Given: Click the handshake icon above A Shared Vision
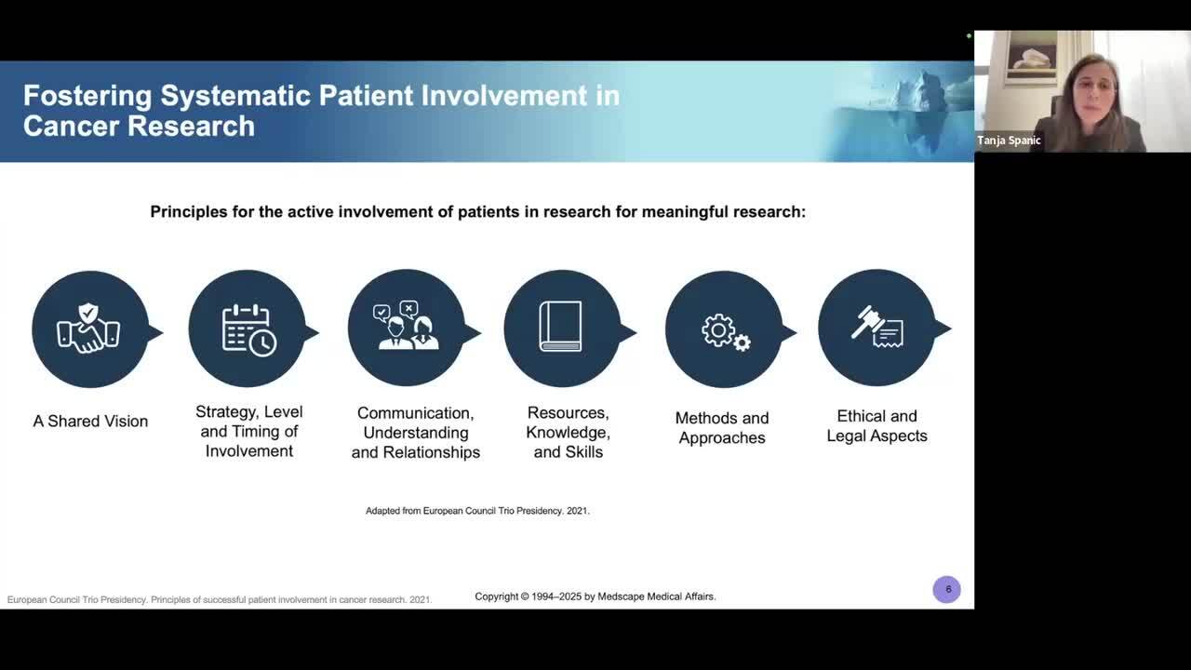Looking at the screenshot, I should [x=89, y=329].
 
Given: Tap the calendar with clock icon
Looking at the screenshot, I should [x=248, y=329].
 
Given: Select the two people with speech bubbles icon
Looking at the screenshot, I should [x=407, y=328].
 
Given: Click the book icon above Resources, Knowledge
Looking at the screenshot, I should [x=561, y=328].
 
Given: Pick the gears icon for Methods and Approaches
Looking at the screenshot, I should [x=724, y=330].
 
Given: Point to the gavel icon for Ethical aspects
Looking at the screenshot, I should [x=877, y=328].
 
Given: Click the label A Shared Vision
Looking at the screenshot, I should [x=90, y=422].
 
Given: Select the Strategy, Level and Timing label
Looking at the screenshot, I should [x=248, y=432].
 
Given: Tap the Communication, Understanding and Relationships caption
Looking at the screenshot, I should [x=415, y=433].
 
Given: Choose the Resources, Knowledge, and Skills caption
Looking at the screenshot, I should [x=568, y=433].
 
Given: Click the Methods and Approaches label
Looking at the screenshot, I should [x=722, y=428].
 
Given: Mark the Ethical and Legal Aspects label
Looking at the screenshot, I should [x=877, y=426].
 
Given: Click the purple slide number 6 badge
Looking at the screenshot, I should [x=947, y=589].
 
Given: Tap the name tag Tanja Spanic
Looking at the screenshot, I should [x=1009, y=141].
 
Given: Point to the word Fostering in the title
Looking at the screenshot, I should [x=87, y=96].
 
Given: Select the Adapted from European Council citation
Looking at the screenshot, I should [x=477, y=511].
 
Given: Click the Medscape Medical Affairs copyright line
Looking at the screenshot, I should [x=595, y=596].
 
